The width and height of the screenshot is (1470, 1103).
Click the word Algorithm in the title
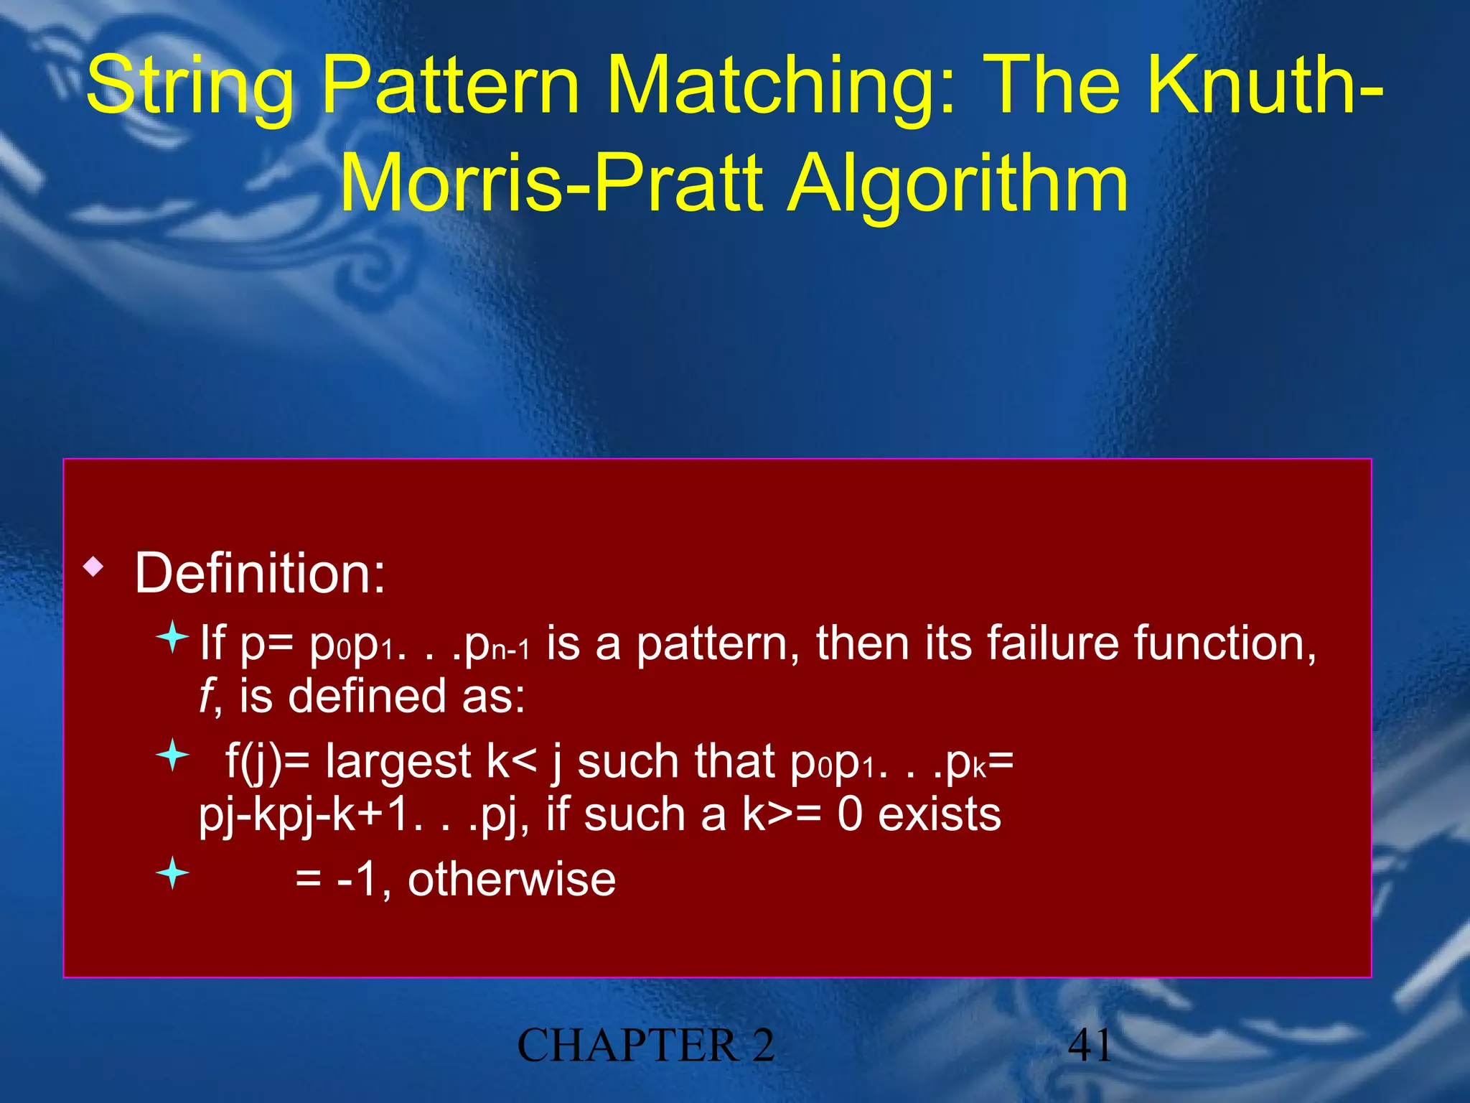tap(958, 185)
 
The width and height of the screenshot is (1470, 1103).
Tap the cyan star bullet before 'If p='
tap(172, 636)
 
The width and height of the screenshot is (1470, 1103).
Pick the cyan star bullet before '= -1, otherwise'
tap(172, 873)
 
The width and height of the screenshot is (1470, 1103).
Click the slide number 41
tap(1090, 1046)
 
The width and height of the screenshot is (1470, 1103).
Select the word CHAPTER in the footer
tap(627, 1046)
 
